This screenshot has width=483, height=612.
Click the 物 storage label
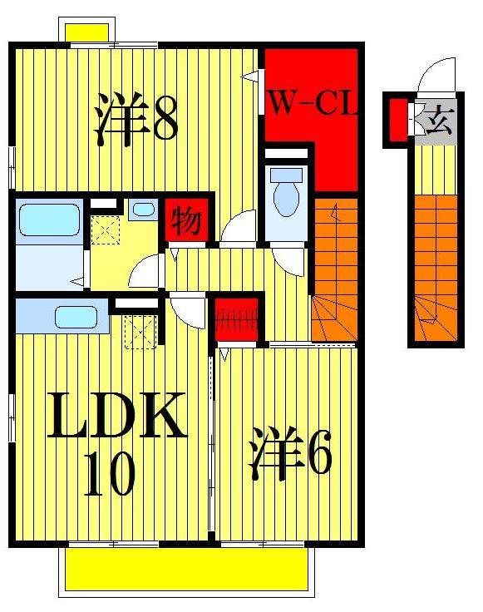[x=185, y=221]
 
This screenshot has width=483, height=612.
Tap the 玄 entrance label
[x=436, y=122]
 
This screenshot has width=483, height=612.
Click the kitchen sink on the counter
[x=75, y=316]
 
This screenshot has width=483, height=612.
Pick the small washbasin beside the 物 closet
[x=143, y=210]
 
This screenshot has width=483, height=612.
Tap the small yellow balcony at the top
[x=88, y=32]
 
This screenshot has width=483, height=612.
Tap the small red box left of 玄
[x=398, y=118]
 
